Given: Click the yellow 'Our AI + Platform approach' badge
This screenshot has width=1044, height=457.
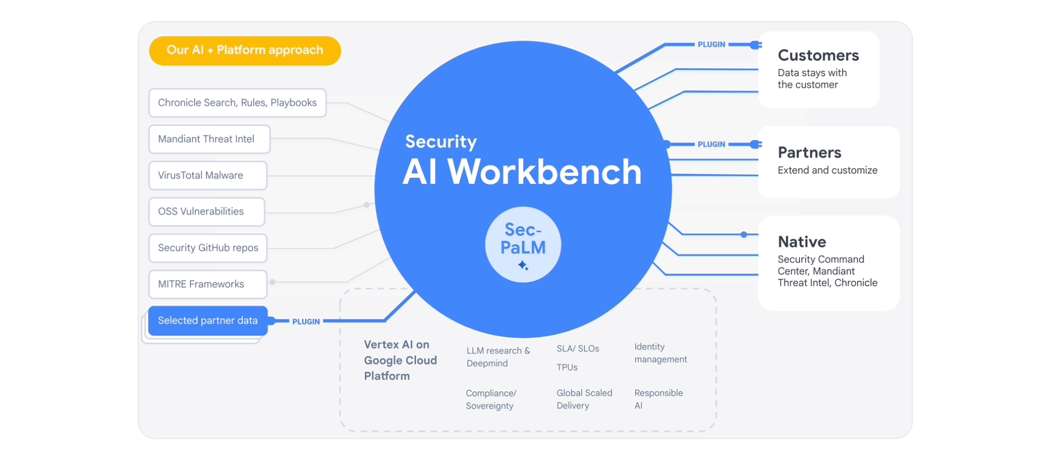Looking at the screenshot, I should point(245,51).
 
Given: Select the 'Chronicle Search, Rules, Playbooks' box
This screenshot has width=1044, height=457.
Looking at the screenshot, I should point(237,103).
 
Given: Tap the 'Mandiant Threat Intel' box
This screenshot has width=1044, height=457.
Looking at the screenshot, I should point(209,139).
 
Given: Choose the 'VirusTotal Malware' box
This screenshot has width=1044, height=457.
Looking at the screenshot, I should point(207,175).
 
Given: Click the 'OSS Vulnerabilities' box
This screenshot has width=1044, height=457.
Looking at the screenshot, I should point(206,212).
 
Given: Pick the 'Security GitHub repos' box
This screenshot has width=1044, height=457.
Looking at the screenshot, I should point(208,248).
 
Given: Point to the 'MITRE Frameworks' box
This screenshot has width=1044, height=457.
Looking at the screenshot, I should point(207,284).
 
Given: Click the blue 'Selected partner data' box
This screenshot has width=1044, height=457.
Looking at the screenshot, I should point(207,320).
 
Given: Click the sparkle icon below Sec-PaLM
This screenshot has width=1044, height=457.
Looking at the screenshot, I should point(523,265).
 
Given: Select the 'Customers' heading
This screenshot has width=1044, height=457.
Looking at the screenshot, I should point(818,55).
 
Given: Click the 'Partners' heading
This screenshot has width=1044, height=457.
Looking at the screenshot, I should point(809,153).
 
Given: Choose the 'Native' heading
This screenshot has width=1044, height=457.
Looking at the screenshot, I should point(802,242).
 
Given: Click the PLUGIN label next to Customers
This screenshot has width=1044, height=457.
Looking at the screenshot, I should point(711,45).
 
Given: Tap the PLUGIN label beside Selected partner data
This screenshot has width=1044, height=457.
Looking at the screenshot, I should point(306,322).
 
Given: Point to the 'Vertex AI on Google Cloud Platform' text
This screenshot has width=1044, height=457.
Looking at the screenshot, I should point(400,360).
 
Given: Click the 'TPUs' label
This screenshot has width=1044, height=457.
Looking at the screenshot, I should point(567,368).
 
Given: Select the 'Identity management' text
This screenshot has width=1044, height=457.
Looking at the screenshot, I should point(660,353).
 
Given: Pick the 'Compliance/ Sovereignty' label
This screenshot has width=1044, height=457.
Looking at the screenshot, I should point(490,399).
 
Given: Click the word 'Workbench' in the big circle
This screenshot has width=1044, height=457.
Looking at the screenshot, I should point(544,172).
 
